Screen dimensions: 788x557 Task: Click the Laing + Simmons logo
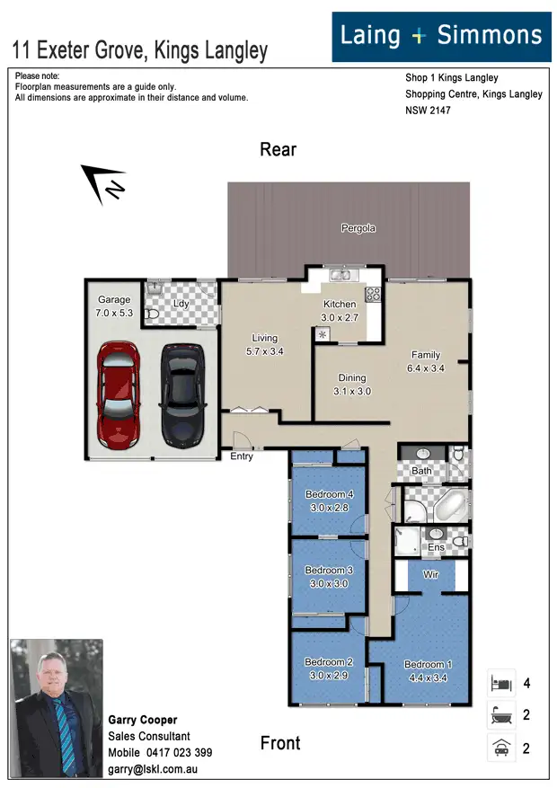click(x=441, y=36)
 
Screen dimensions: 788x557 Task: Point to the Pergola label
click(x=358, y=228)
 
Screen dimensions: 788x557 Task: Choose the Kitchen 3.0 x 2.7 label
click(x=340, y=311)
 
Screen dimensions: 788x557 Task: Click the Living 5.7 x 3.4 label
click(x=265, y=345)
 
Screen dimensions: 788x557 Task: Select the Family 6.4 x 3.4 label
click(x=426, y=361)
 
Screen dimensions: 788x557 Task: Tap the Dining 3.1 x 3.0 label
click(x=352, y=385)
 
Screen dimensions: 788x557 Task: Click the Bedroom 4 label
click(x=330, y=500)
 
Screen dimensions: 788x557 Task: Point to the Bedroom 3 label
click(x=329, y=577)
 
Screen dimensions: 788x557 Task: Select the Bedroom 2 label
click(x=329, y=668)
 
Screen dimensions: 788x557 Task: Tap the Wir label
click(x=430, y=573)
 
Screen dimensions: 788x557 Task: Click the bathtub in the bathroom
click(x=450, y=507)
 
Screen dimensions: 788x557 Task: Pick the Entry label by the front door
click(x=242, y=456)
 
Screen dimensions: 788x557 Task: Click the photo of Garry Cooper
click(x=56, y=708)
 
